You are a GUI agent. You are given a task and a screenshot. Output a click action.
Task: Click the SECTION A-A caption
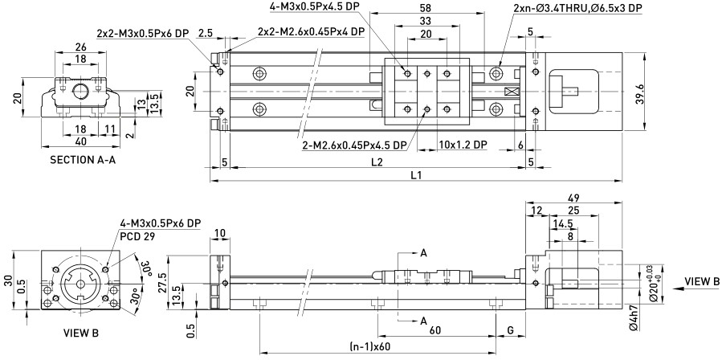coord(83,160)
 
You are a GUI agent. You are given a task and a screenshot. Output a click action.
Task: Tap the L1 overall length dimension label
coord(416,175)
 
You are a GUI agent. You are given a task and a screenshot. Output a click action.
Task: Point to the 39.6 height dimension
coord(639,92)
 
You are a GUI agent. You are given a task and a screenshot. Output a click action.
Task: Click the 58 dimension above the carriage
coord(426,8)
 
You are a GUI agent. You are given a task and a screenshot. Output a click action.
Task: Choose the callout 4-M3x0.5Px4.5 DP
coord(315,6)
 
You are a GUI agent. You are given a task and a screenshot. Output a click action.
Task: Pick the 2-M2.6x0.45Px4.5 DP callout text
coord(355,145)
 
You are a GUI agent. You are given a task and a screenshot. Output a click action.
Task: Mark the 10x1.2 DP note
coord(463,145)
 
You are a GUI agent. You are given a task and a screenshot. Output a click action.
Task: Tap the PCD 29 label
coord(137,236)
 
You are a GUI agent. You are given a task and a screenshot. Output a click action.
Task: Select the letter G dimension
coord(510,330)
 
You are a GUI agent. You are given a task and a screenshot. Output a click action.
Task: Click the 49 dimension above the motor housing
coord(573,198)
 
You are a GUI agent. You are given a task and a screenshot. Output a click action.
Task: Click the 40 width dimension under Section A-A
coord(80,141)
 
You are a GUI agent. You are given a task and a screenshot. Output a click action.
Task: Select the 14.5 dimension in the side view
coord(563,224)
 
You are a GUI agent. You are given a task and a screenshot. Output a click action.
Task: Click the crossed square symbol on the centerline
coord(509,92)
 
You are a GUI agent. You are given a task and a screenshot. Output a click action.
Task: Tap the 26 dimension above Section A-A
coord(80,46)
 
